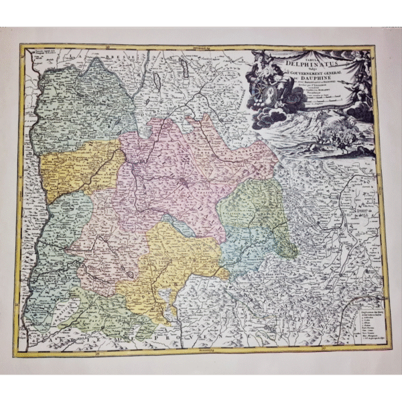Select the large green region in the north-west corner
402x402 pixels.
pos(80,107)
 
